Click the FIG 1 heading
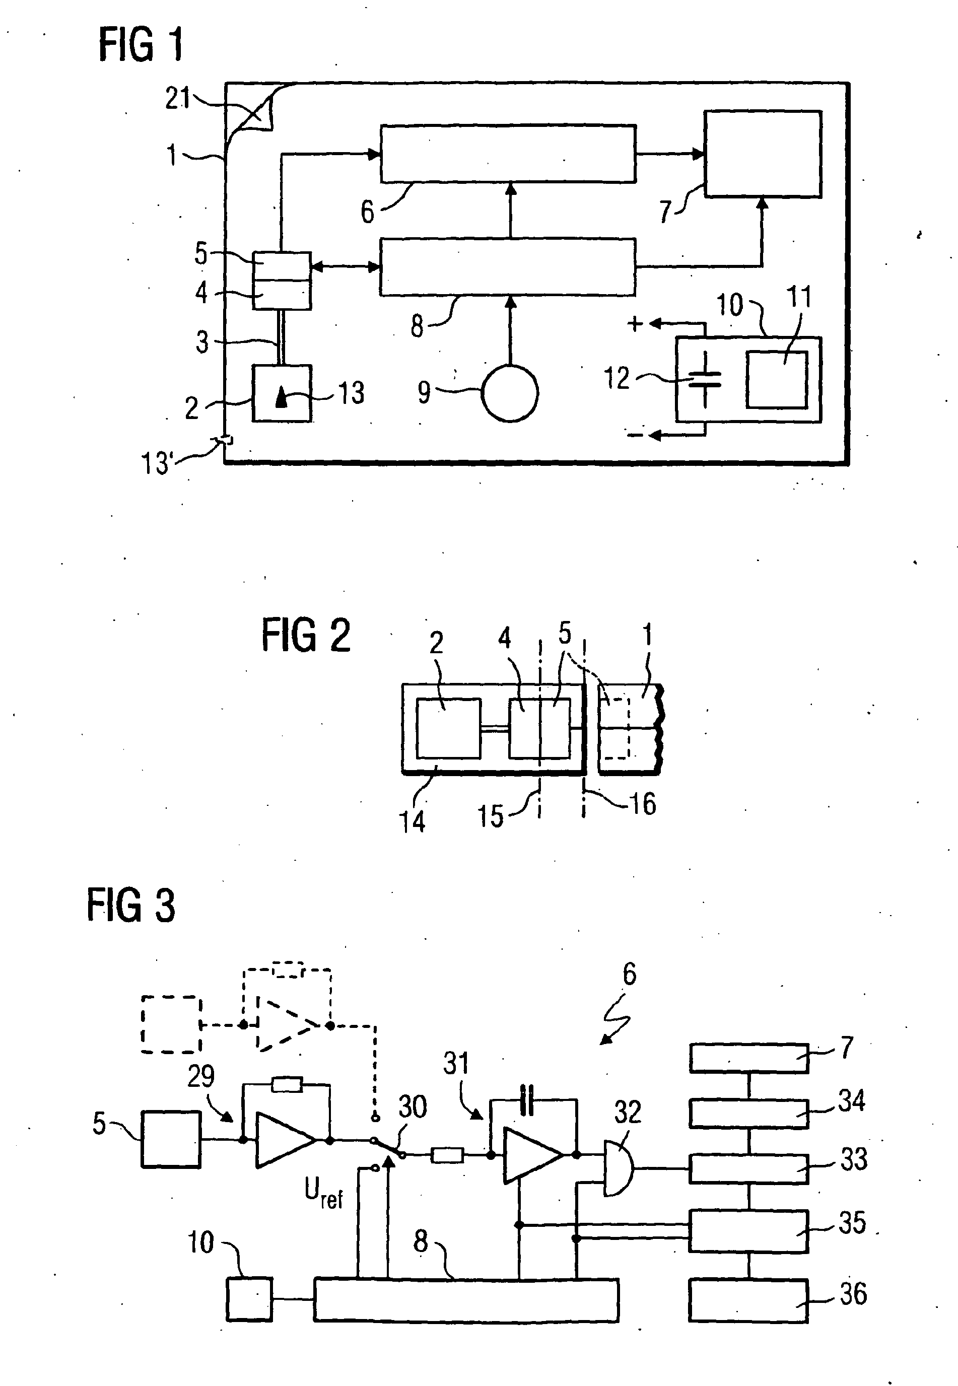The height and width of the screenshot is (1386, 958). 141,46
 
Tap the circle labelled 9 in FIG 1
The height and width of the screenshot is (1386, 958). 510,393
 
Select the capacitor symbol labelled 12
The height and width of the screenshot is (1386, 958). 705,379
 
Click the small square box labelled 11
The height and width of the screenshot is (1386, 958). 777,380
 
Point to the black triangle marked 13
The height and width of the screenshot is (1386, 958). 281,397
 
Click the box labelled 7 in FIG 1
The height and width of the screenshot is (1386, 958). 762,154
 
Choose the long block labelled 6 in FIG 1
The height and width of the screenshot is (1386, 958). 508,154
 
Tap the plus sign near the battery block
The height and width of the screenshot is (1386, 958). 635,325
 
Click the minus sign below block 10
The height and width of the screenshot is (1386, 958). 635,435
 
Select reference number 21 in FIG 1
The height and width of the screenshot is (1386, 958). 177,98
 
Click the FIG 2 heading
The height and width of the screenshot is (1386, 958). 306,636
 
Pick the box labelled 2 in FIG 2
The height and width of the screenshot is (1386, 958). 448,728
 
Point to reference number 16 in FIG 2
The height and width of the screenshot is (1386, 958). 642,803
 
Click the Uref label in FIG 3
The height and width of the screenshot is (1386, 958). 323,1191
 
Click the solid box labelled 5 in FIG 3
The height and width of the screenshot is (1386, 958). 171,1139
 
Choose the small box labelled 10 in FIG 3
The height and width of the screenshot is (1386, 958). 249,1299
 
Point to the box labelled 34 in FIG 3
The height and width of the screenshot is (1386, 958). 748,1114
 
